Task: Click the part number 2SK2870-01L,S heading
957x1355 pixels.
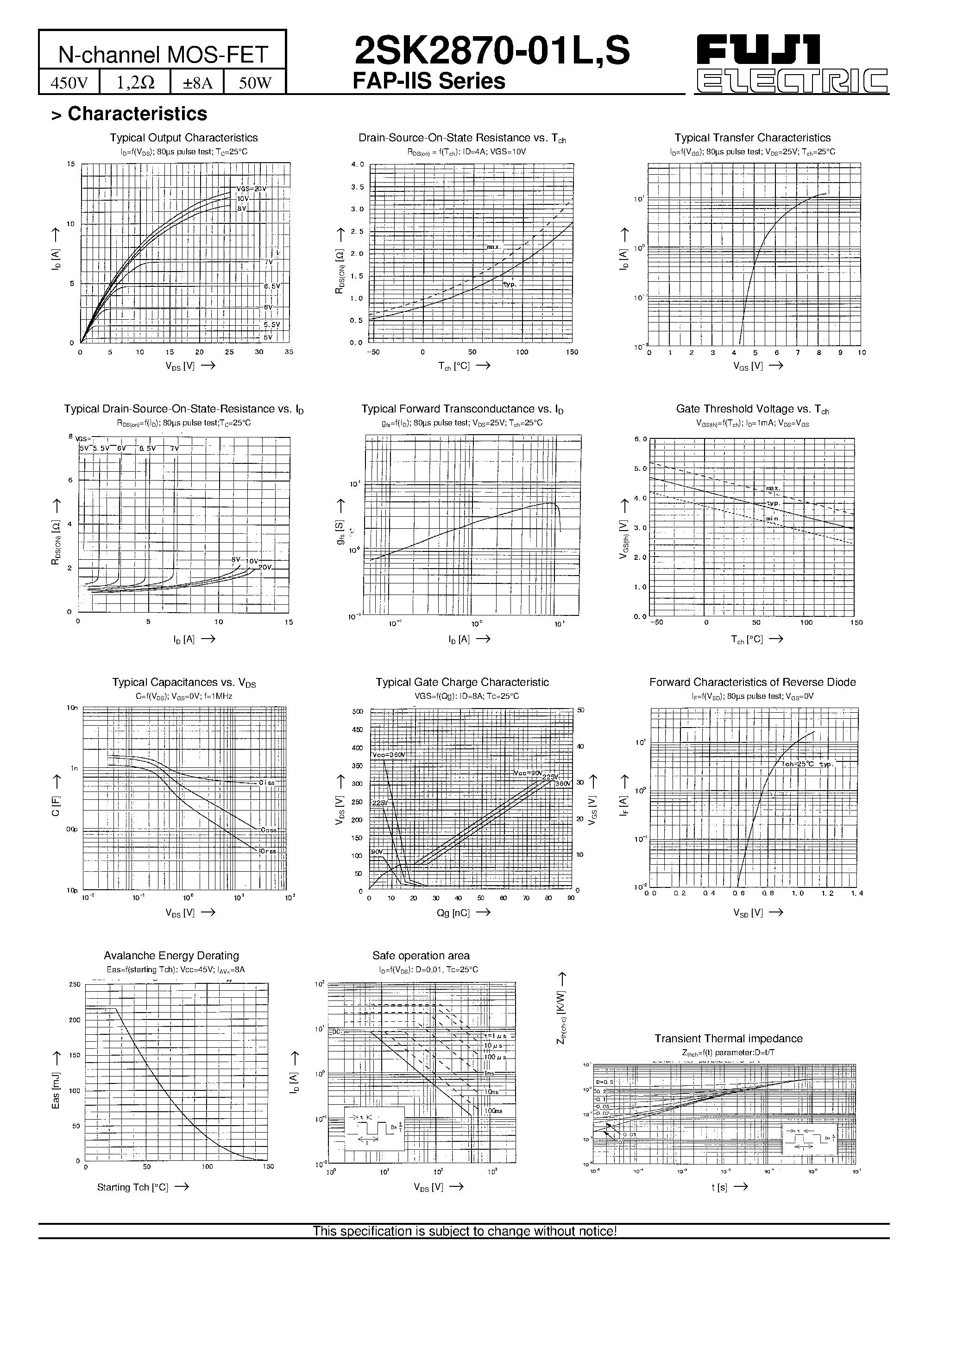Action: (x=491, y=52)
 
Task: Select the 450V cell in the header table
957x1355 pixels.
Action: (x=69, y=82)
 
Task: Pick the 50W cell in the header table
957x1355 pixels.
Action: (x=255, y=82)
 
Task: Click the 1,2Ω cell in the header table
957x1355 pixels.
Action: (x=135, y=82)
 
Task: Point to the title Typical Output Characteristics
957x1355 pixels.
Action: (x=183, y=138)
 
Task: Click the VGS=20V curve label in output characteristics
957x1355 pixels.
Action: (x=252, y=189)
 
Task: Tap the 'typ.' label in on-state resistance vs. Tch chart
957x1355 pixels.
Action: (x=510, y=285)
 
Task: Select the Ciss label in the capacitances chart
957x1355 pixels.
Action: (x=267, y=783)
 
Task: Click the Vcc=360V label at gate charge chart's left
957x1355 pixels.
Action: (x=389, y=756)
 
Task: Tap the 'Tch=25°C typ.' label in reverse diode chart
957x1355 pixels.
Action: (x=806, y=764)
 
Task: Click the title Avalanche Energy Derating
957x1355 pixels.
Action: (x=171, y=956)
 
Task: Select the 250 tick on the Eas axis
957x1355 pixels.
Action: (x=74, y=984)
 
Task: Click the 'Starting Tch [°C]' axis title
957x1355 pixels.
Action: (x=133, y=1187)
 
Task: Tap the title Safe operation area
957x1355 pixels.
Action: (x=421, y=956)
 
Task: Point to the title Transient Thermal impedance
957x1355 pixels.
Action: (x=728, y=1038)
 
